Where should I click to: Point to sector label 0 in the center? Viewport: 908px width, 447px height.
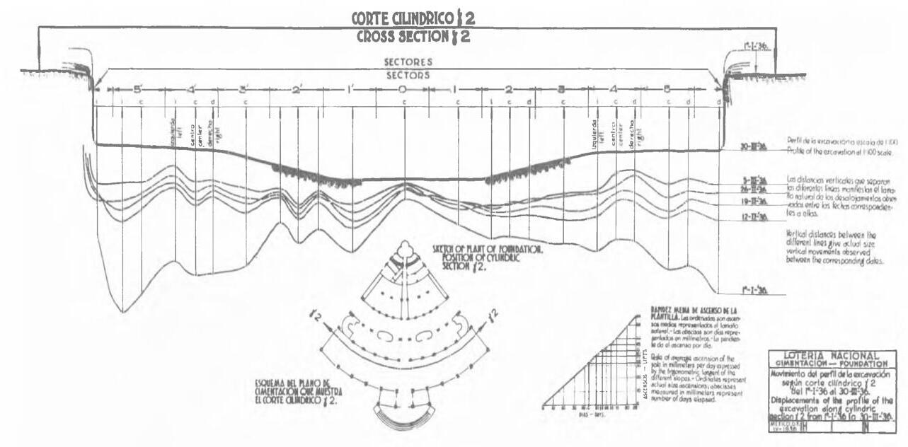tap(402, 90)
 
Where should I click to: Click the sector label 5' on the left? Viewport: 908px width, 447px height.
tap(138, 90)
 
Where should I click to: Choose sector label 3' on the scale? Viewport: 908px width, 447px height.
tap(243, 90)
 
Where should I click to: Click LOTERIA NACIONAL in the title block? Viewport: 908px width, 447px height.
tap(832, 355)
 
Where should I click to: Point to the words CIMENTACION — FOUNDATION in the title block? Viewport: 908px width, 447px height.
tap(832, 364)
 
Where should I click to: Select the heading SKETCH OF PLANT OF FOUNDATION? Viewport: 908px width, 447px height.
tap(488, 250)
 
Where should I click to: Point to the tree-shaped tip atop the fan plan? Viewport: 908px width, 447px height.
tap(404, 249)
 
